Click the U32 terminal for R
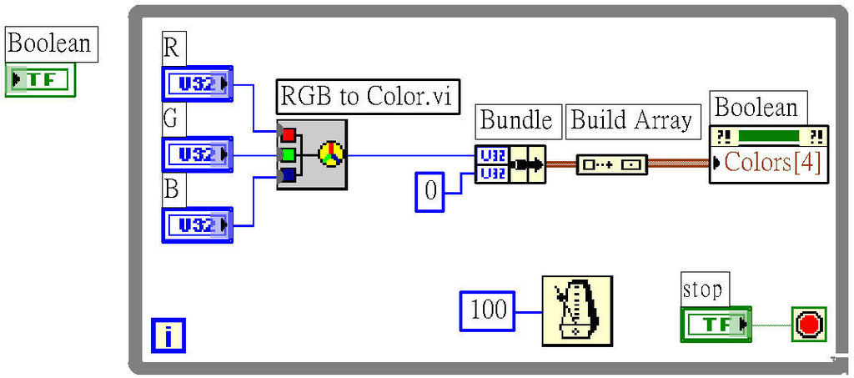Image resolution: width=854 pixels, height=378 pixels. [x=198, y=83]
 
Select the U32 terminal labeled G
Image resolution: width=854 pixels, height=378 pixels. [x=198, y=154]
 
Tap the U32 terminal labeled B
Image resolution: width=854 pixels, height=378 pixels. [x=198, y=224]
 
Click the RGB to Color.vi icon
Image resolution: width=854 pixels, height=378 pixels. [x=312, y=154]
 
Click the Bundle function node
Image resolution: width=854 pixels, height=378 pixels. [x=510, y=164]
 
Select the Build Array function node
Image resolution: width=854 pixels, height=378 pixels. [x=611, y=164]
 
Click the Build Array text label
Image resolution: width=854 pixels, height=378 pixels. [x=631, y=121]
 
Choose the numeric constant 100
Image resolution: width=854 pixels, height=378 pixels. [x=488, y=310]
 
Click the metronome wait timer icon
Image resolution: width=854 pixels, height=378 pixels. [x=576, y=310]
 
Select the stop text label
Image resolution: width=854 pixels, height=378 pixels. [x=702, y=289]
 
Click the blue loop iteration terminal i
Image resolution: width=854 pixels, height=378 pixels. [x=168, y=335]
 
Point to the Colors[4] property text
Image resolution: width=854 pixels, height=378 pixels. [x=772, y=162]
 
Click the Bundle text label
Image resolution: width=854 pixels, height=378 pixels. [x=516, y=121]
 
